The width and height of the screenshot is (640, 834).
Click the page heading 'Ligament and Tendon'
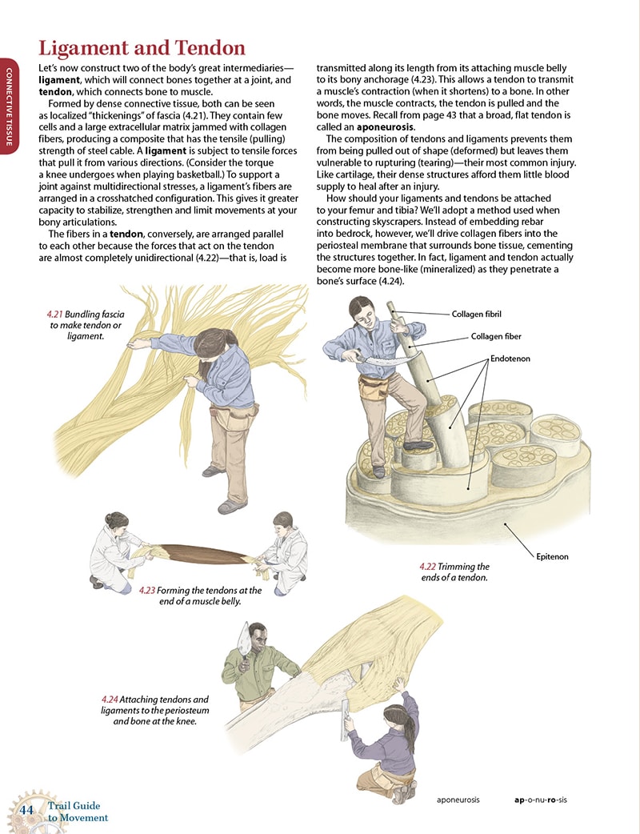(x=142, y=48)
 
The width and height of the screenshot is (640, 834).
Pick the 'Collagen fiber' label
(x=497, y=337)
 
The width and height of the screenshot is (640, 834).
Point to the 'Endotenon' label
(x=512, y=359)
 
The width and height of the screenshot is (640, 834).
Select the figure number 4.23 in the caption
(x=147, y=590)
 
